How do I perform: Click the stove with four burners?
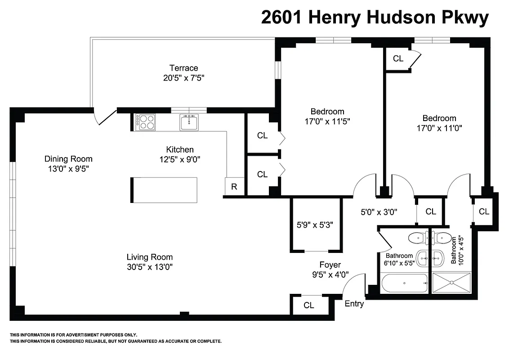pyautogui.click(x=147, y=121)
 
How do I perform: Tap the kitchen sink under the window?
pyautogui.click(x=190, y=122)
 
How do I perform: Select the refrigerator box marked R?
pyautogui.click(x=234, y=187)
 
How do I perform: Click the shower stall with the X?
pyautogui.click(x=451, y=283)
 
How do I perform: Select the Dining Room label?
pyautogui.click(x=68, y=158)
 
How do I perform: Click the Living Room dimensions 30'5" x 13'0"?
pyautogui.click(x=149, y=266)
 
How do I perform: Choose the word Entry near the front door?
pyautogui.click(x=354, y=304)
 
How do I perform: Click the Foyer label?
pyautogui.click(x=330, y=265)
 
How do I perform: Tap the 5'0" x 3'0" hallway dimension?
pyautogui.click(x=379, y=211)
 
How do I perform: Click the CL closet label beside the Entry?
pyautogui.click(x=308, y=306)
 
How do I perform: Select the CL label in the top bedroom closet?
pyautogui.click(x=398, y=58)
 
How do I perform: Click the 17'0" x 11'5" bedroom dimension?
pyautogui.click(x=327, y=121)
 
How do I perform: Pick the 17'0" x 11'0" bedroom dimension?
pyautogui.click(x=439, y=127)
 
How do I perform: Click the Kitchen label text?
pyautogui.click(x=180, y=149)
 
